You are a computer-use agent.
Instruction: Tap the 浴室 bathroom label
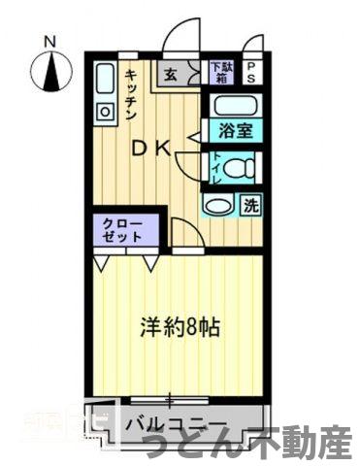[x=234, y=130]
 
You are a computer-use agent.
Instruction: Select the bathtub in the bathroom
[x=234, y=106]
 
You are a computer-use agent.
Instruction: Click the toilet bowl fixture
[x=240, y=167]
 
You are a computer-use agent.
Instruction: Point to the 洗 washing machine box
[x=249, y=205]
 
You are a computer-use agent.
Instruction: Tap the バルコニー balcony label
[x=178, y=425]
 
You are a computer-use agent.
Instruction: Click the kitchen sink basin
[x=106, y=78]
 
